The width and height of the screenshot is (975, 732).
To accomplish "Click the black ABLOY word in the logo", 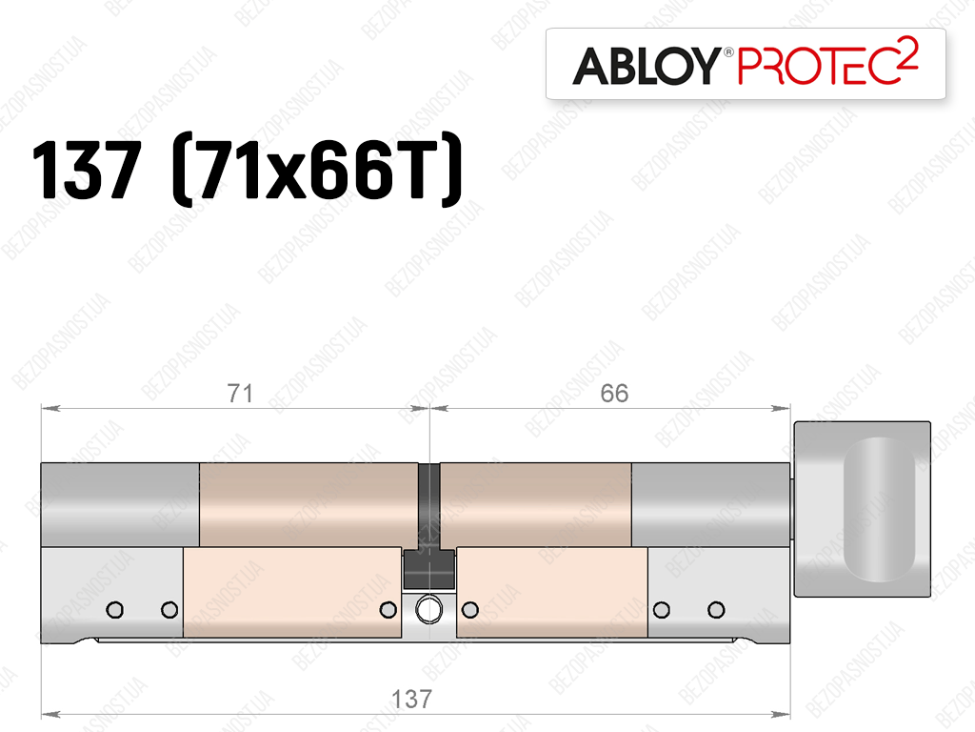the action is tap(647, 66).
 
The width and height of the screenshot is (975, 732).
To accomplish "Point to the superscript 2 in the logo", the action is tap(907, 50).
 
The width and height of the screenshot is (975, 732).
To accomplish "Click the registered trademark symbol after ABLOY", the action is tap(727, 52).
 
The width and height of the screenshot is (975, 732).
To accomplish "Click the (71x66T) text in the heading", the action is tap(317, 170).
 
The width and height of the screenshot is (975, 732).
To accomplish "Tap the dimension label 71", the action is tap(240, 394).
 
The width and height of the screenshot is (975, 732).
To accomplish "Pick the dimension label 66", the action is tap(614, 394).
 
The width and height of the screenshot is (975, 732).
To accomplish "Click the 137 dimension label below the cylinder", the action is tap(411, 699).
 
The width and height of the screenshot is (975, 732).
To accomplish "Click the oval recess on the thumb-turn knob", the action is tap(879, 509).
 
